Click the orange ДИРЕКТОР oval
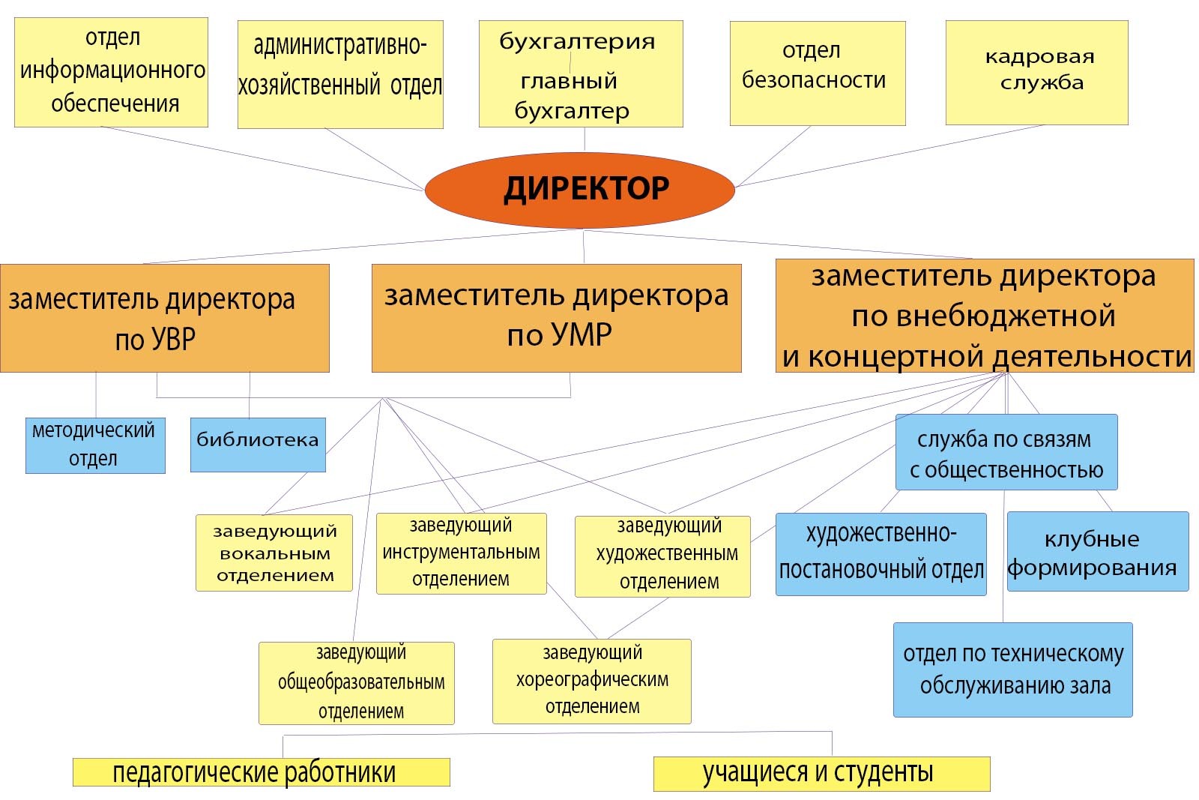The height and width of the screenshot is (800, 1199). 580,190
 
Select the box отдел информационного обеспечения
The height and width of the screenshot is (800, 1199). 111,72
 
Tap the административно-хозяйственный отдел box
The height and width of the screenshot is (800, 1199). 340,74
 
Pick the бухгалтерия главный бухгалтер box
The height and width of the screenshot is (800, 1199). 581,74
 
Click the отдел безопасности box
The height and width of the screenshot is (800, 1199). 818,73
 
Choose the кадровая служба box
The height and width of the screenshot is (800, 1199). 1037,73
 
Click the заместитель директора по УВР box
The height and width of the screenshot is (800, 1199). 165,318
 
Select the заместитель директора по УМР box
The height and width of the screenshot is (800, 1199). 557,318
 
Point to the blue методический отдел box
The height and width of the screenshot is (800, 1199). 95,445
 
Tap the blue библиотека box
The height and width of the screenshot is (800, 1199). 258,445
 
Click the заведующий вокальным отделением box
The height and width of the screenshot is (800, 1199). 274,553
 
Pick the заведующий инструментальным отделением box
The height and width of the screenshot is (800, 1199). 462,553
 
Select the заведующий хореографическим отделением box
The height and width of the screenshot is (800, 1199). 592,681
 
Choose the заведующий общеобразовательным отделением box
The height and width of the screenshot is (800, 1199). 357,683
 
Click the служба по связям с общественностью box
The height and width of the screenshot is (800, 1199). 1007,452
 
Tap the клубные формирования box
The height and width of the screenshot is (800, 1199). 1099,552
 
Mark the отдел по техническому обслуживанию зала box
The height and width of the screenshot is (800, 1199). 1013,670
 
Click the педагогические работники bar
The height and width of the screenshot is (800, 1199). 262,772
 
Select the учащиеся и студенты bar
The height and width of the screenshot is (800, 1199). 822,774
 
